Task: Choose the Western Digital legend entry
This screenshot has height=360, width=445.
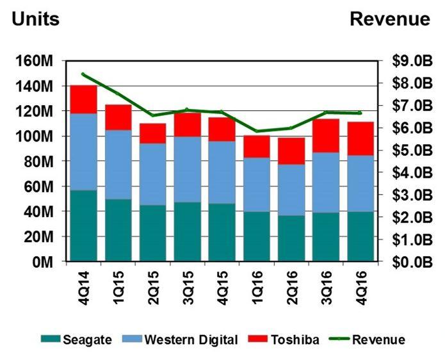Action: click(x=183, y=340)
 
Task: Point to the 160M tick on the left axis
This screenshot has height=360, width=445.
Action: click(x=36, y=61)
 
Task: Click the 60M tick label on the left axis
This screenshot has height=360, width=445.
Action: click(x=39, y=186)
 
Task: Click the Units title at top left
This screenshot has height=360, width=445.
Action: click(x=36, y=19)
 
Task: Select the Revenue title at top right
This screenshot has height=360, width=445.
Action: click(x=390, y=19)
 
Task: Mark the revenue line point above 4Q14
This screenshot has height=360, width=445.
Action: click(x=83, y=74)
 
